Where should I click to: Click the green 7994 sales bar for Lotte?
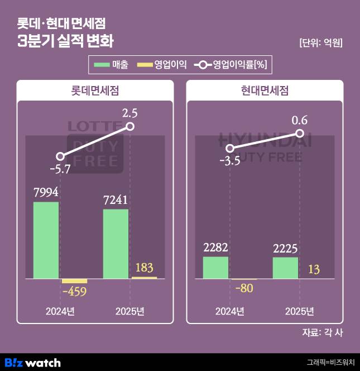click(x=46, y=240)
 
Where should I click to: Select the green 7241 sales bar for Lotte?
click(x=116, y=244)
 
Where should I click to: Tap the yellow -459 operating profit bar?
click(x=74, y=280)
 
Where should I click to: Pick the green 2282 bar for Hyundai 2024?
click(x=215, y=267)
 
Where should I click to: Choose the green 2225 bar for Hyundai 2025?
click(x=285, y=268)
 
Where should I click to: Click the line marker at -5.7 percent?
click(x=60, y=156)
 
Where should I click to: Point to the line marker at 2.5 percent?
click(x=131, y=127)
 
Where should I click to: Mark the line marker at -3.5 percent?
click(x=230, y=148)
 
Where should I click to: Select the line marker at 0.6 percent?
click(x=300, y=134)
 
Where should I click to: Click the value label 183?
click(x=143, y=267)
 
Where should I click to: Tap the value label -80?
click(x=243, y=289)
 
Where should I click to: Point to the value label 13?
click(x=313, y=270)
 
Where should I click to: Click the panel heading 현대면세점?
click(x=265, y=91)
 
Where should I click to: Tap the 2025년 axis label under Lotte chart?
click(x=129, y=311)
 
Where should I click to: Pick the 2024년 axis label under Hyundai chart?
click(x=229, y=311)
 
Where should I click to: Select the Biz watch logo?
click(x=32, y=362)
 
